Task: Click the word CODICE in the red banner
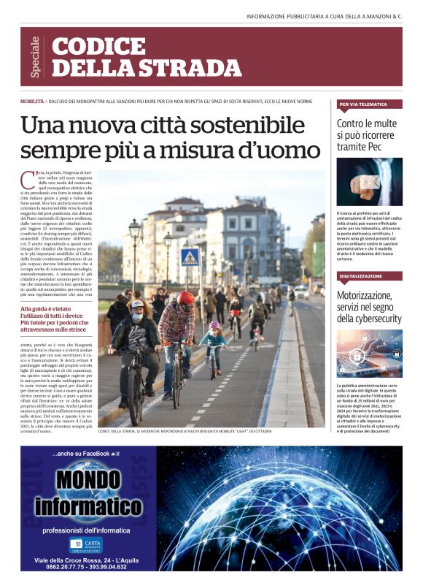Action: (88, 47)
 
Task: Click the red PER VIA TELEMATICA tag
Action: (362, 104)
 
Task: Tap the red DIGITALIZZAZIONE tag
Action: (361, 277)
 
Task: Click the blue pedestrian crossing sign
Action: (190, 257)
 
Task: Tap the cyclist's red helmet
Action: (185, 298)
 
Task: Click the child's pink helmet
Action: (214, 326)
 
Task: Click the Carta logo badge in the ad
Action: (85, 544)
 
